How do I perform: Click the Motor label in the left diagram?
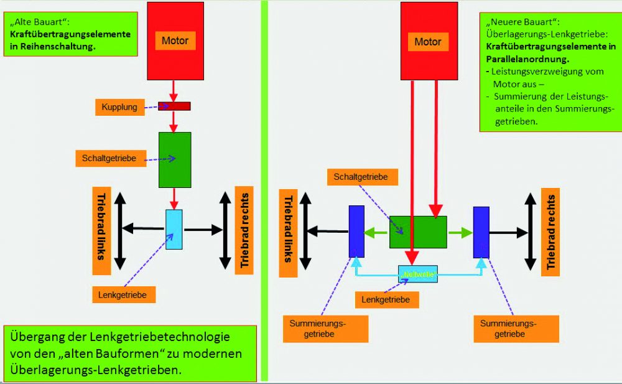coord(175,41)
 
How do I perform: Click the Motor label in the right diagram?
coord(428,42)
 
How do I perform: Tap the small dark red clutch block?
coord(174,106)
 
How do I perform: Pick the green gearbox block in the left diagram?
coord(175,159)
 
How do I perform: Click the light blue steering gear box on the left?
coord(174,229)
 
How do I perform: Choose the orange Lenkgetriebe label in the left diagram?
coord(123,295)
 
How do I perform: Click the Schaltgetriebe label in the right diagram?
coord(361,177)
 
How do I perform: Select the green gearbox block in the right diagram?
coord(418,232)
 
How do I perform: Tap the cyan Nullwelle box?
coord(418,274)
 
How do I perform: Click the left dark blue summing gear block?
coord(356,231)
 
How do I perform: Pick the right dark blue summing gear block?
coord(481,232)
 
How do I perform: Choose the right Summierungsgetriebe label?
coord(508,329)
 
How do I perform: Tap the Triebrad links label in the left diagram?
coord(101,231)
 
